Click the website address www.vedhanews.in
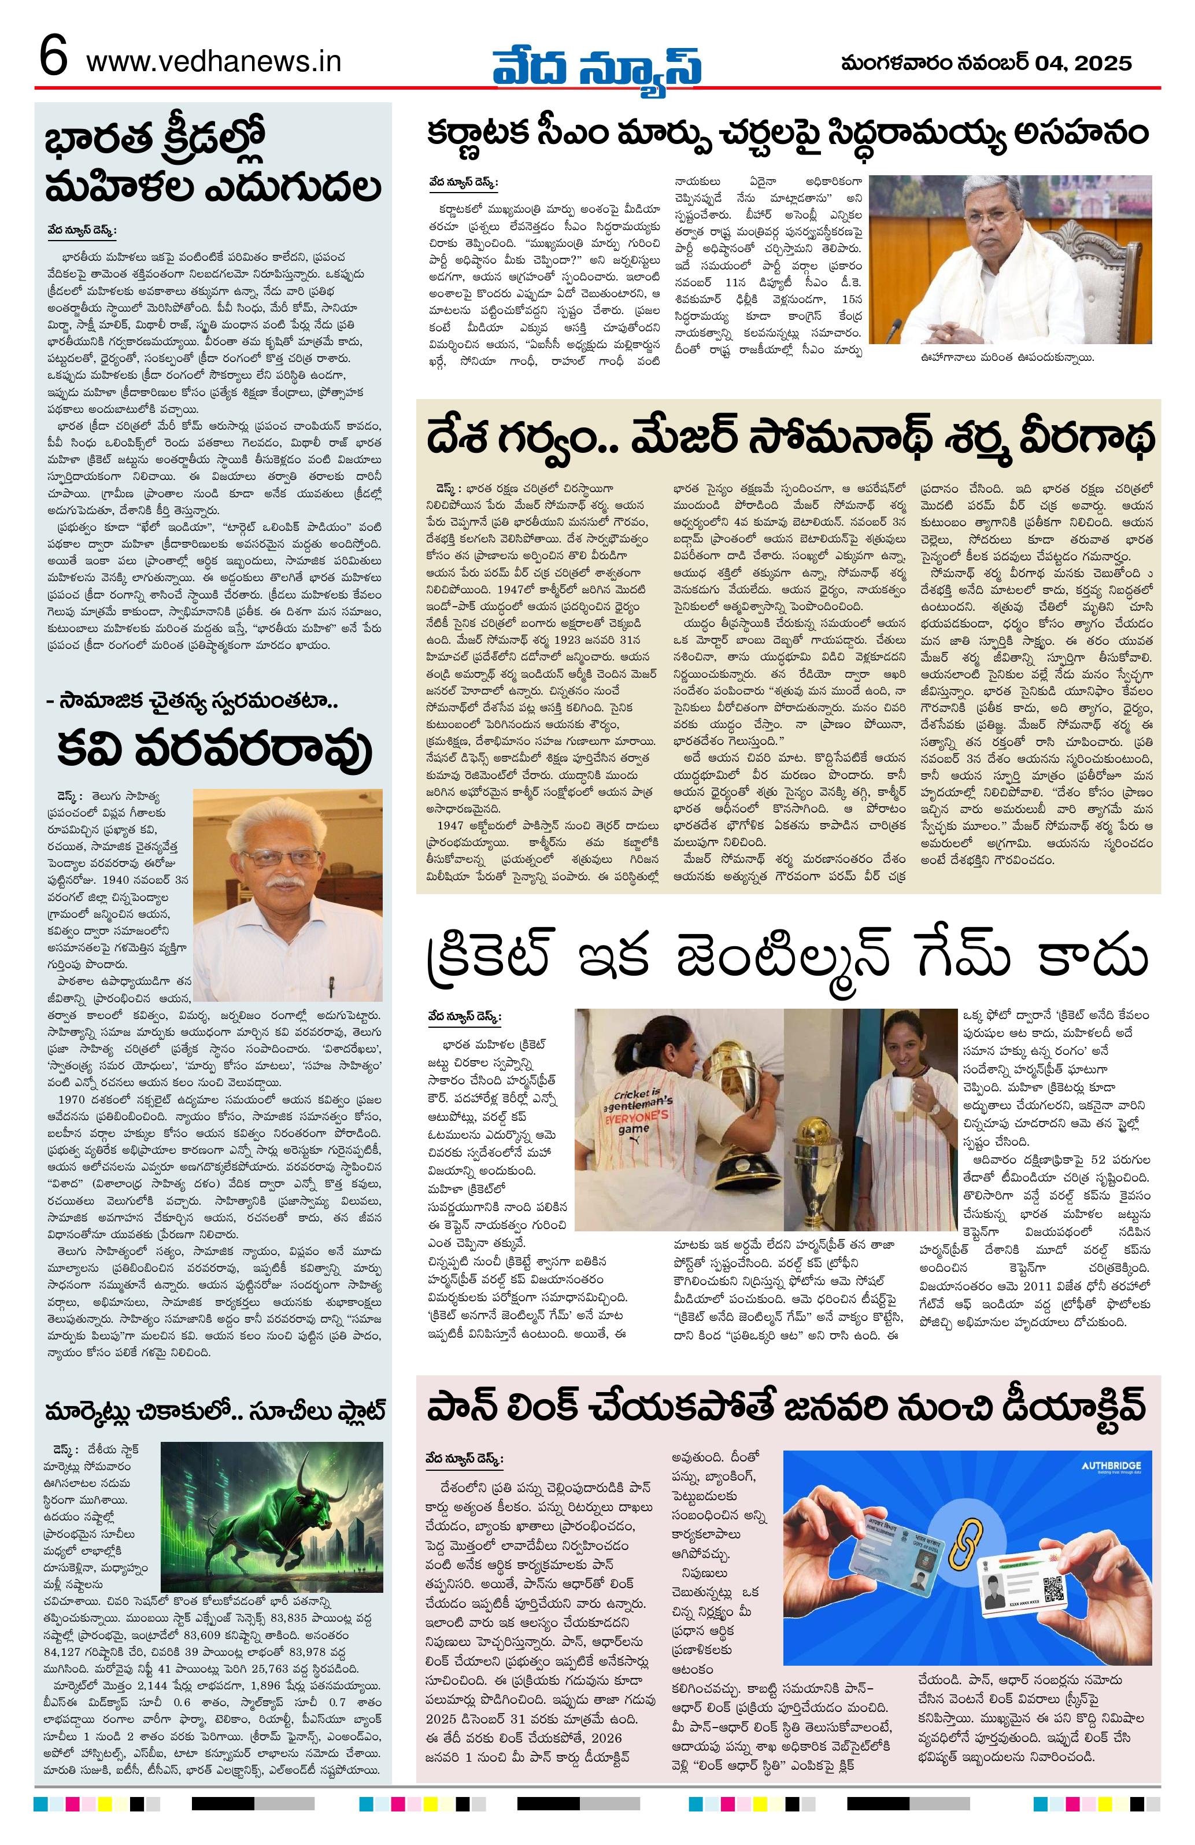[213, 61]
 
